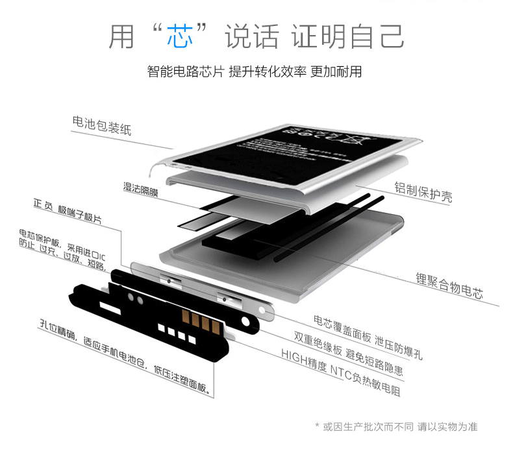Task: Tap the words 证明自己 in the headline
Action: coord(347,36)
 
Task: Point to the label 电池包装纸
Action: coord(102,125)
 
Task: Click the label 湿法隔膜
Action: coord(141,189)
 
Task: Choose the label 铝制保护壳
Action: coord(423,191)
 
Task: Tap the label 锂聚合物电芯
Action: coord(449,285)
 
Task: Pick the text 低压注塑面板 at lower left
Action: coord(182,382)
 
